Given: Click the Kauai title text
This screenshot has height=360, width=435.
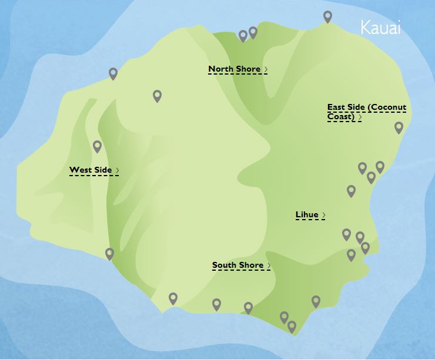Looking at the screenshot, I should (380, 28).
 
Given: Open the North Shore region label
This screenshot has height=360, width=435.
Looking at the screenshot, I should (235, 69).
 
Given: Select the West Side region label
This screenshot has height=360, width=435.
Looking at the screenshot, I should (91, 170).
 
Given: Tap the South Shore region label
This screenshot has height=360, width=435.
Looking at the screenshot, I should (237, 265).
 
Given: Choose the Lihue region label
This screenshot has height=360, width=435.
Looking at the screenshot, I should (307, 215).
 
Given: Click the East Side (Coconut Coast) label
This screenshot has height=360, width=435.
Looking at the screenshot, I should (366, 112).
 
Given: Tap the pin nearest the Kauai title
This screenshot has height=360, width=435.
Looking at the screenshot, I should (328, 17).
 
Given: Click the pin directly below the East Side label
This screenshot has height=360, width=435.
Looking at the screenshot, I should (399, 127).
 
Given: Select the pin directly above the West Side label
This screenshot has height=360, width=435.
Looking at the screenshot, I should (98, 146).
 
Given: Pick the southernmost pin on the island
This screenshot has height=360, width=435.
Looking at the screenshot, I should (292, 327).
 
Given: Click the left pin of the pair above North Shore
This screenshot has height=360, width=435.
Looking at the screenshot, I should (243, 36).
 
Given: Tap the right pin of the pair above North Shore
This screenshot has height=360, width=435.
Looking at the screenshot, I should (253, 32).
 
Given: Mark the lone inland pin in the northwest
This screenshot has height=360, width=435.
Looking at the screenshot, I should (157, 96).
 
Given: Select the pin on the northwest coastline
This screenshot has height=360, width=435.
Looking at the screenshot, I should (113, 73).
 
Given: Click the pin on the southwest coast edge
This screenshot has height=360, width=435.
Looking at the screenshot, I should (109, 254).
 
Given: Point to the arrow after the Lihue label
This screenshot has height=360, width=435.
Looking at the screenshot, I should (324, 216).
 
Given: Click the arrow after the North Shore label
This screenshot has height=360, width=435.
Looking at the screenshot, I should (266, 70).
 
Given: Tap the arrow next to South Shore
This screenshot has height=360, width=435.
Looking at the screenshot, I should (269, 266).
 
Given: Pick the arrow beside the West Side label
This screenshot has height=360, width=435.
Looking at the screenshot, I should (118, 171).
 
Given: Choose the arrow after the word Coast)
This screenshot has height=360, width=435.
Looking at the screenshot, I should (360, 117).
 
